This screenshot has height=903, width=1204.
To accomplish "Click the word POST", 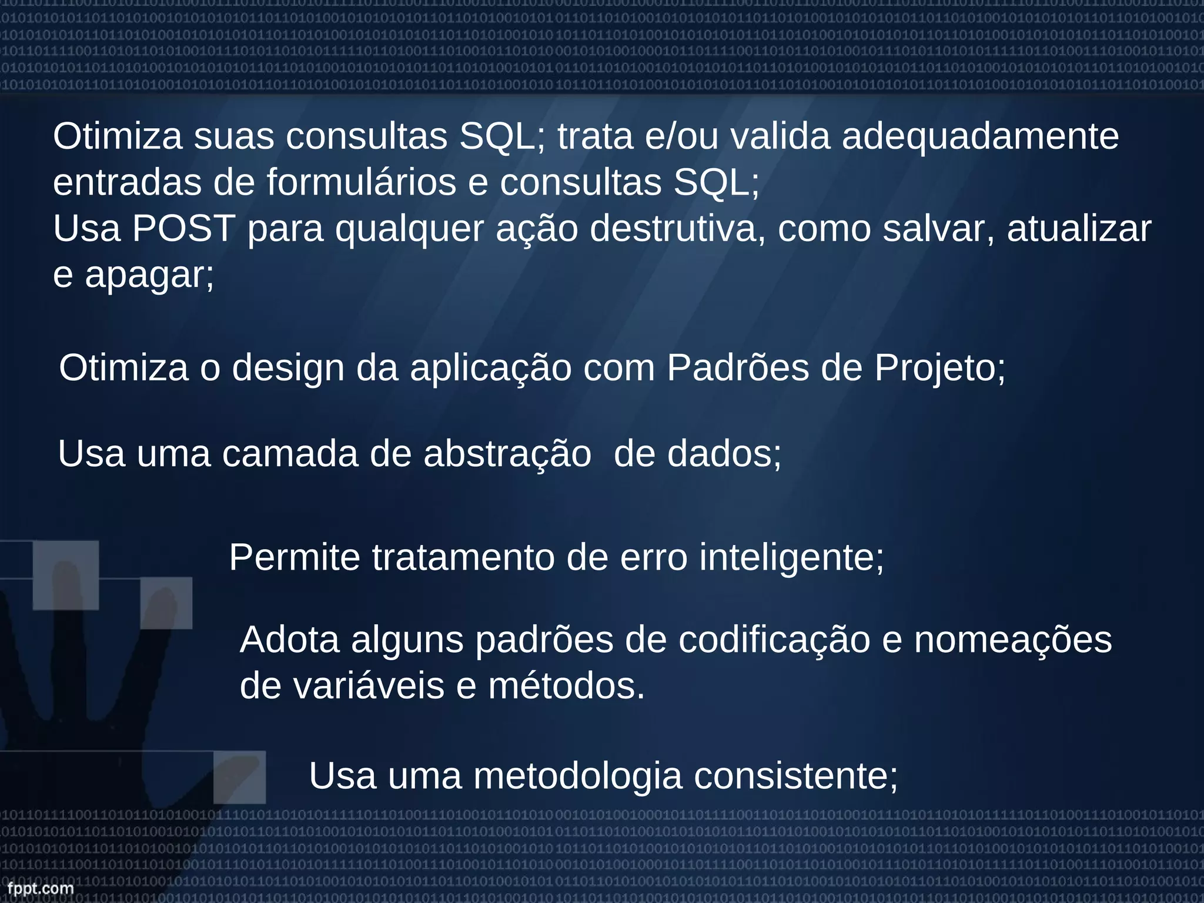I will [183, 229].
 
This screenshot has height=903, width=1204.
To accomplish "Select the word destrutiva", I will [678, 229].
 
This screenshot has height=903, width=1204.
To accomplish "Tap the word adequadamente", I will [980, 137].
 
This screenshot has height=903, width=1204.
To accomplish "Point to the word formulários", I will [362, 183].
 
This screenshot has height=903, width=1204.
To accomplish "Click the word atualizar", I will [1079, 229].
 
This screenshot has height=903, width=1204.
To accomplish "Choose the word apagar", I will [149, 275].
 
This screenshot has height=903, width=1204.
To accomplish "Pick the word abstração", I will [507, 454].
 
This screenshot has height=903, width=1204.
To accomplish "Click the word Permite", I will [294, 557].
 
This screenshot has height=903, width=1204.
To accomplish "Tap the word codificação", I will [774, 641].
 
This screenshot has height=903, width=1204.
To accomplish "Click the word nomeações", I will [1012, 641].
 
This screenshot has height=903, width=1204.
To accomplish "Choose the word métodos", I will [566, 686].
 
